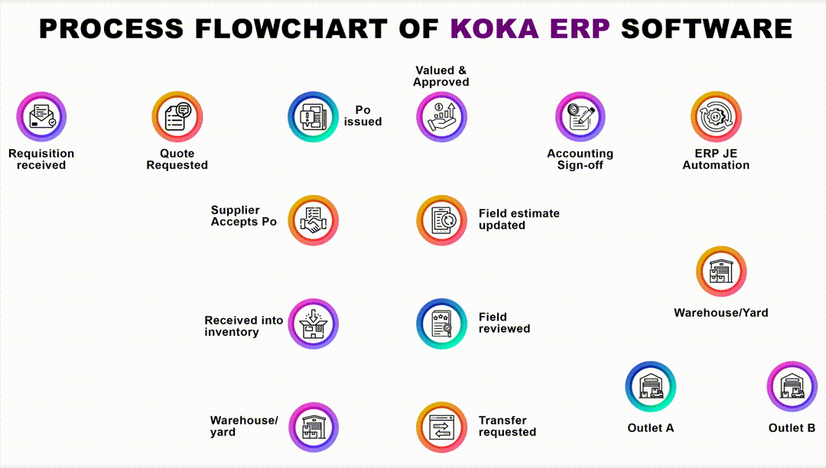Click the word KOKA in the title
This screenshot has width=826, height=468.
(x=495, y=28)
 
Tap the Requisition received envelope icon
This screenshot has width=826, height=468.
(x=41, y=117)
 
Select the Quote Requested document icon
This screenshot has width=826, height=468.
(x=177, y=117)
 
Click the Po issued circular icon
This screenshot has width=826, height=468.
(x=313, y=117)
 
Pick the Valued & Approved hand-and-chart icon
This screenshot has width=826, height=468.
(x=441, y=117)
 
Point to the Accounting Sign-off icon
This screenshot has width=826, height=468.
(x=580, y=117)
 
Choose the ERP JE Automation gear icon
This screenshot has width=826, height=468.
(x=716, y=117)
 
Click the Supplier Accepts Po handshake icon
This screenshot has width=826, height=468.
(x=313, y=220)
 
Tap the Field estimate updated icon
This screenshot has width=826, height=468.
(x=441, y=220)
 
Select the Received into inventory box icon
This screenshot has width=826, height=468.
(x=313, y=323)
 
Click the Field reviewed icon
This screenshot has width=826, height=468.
(x=441, y=323)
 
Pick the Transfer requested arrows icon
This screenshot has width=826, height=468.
(x=441, y=427)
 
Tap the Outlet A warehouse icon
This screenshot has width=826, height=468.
(x=651, y=386)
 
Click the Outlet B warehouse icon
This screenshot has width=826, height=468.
(x=792, y=386)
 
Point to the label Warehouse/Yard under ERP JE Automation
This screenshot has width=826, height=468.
(x=720, y=313)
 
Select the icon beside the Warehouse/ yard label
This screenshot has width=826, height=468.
(x=313, y=427)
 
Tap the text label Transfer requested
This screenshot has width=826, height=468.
(x=507, y=426)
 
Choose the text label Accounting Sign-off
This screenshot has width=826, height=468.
(x=580, y=159)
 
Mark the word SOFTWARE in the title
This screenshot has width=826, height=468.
(x=707, y=28)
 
